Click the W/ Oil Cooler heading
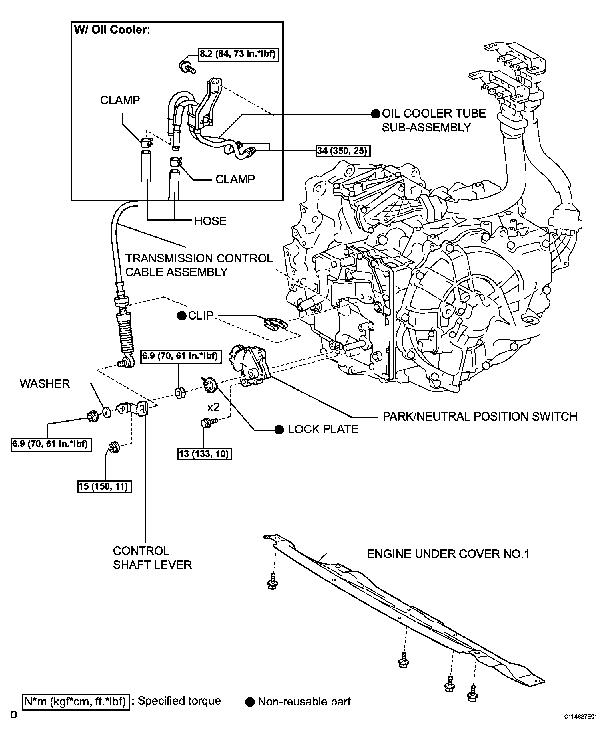click(x=112, y=30)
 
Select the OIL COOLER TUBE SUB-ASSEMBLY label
click(x=434, y=120)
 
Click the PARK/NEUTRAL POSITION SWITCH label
click(x=480, y=417)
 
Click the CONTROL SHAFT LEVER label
click(x=152, y=558)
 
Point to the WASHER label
click(x=45, y=384)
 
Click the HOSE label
click(x=210, y=221)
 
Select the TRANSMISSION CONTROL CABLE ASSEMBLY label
click(x=199, y=265)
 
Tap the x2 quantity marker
click(x=213, y=407)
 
